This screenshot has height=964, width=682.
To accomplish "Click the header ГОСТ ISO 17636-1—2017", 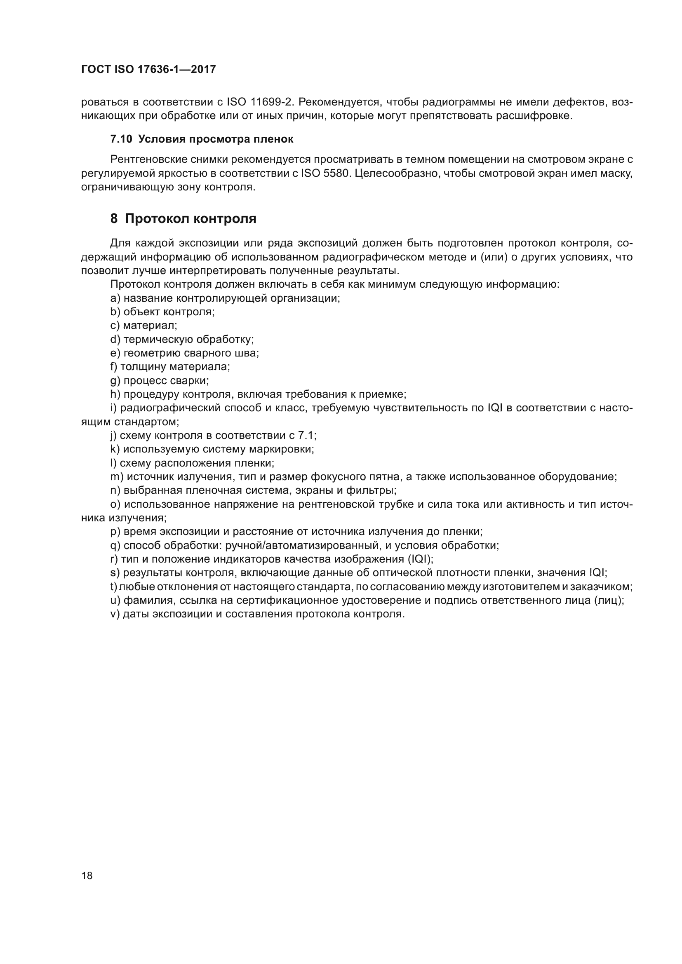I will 148,69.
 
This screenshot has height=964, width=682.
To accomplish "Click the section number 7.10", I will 121,139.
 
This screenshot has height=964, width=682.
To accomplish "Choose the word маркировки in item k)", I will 285,449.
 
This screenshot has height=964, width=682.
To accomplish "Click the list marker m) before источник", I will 117,477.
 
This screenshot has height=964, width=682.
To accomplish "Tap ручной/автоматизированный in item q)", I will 302,546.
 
